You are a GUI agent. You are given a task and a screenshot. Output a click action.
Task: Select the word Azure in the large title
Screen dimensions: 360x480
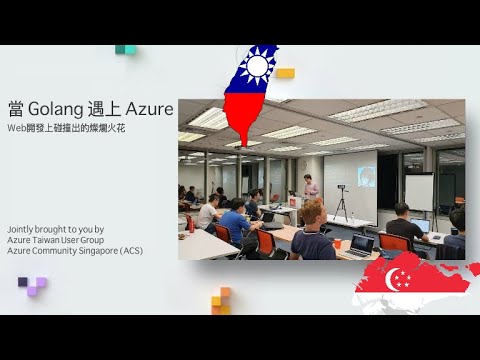(x=148, y=108)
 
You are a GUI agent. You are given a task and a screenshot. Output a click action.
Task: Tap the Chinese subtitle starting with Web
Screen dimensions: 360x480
(x=66, y=128)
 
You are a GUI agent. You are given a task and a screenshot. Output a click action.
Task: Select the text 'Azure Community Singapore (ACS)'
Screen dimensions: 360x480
(x=75, y=250)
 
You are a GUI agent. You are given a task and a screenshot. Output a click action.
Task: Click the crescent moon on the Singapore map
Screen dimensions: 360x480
(x=399, y=277)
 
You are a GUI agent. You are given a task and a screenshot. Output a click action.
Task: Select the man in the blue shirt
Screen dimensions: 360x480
(x=235, y=222)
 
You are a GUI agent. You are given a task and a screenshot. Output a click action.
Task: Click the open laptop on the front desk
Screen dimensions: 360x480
(x=360, y=243)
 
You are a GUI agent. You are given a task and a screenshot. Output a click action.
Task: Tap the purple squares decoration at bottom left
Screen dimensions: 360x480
(x=33, y=286)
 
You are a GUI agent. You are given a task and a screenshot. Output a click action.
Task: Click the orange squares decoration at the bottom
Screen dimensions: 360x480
(x=221, y=299)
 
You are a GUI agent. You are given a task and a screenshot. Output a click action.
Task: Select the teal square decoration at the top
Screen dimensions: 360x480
(x=125, y=49)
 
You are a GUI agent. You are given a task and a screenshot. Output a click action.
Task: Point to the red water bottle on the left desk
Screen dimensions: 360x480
(x=191, y=224)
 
